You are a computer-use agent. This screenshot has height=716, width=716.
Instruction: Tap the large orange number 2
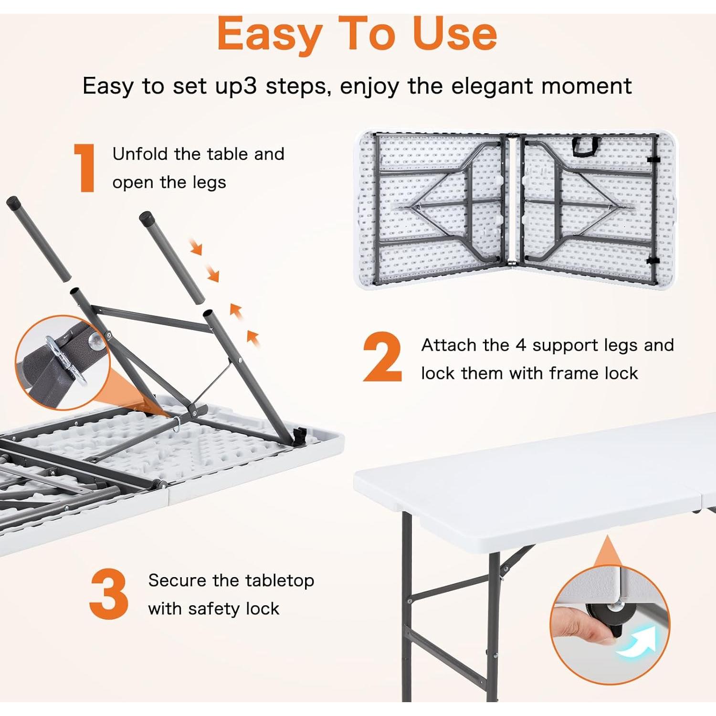point(383,357)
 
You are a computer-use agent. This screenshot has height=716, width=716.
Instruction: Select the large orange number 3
point(109,594)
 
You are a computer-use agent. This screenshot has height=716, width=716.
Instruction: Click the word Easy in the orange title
point(270,34)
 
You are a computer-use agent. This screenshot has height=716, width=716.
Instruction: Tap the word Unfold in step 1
point(141,154)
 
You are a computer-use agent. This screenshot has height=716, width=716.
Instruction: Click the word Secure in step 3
point(178,580)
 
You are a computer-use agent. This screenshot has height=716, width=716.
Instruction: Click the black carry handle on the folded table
point(586,146)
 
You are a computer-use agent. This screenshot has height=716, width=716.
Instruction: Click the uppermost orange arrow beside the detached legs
point(196,247)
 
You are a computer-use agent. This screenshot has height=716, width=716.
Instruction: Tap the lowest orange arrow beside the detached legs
point(253,337)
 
